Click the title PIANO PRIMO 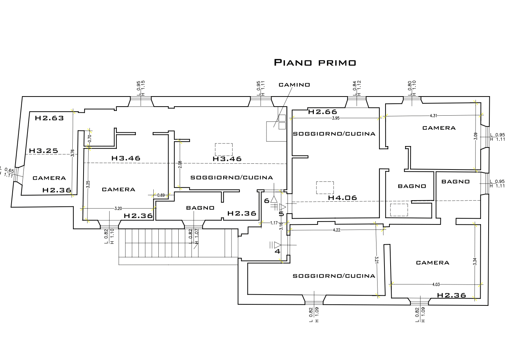point(315,63)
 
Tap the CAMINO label point(294,85)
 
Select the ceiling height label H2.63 point(50,118)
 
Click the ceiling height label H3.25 point(44,151)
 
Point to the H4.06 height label point(342,198)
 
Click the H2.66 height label point(323,112)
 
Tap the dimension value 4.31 point(434,116)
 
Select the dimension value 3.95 point(336,118)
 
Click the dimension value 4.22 point(337,230)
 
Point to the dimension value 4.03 point(436,284)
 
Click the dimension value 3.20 point(118,208)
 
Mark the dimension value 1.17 point(274,223)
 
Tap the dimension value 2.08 point(180,164)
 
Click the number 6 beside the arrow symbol point(267,201)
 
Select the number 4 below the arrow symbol point(278,252)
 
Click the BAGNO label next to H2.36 point(200,208)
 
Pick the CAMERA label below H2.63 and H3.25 point(49,178)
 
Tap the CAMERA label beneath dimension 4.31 point(439,128)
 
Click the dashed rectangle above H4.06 point(325,188)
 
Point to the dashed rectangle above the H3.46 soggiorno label point(224,150)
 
